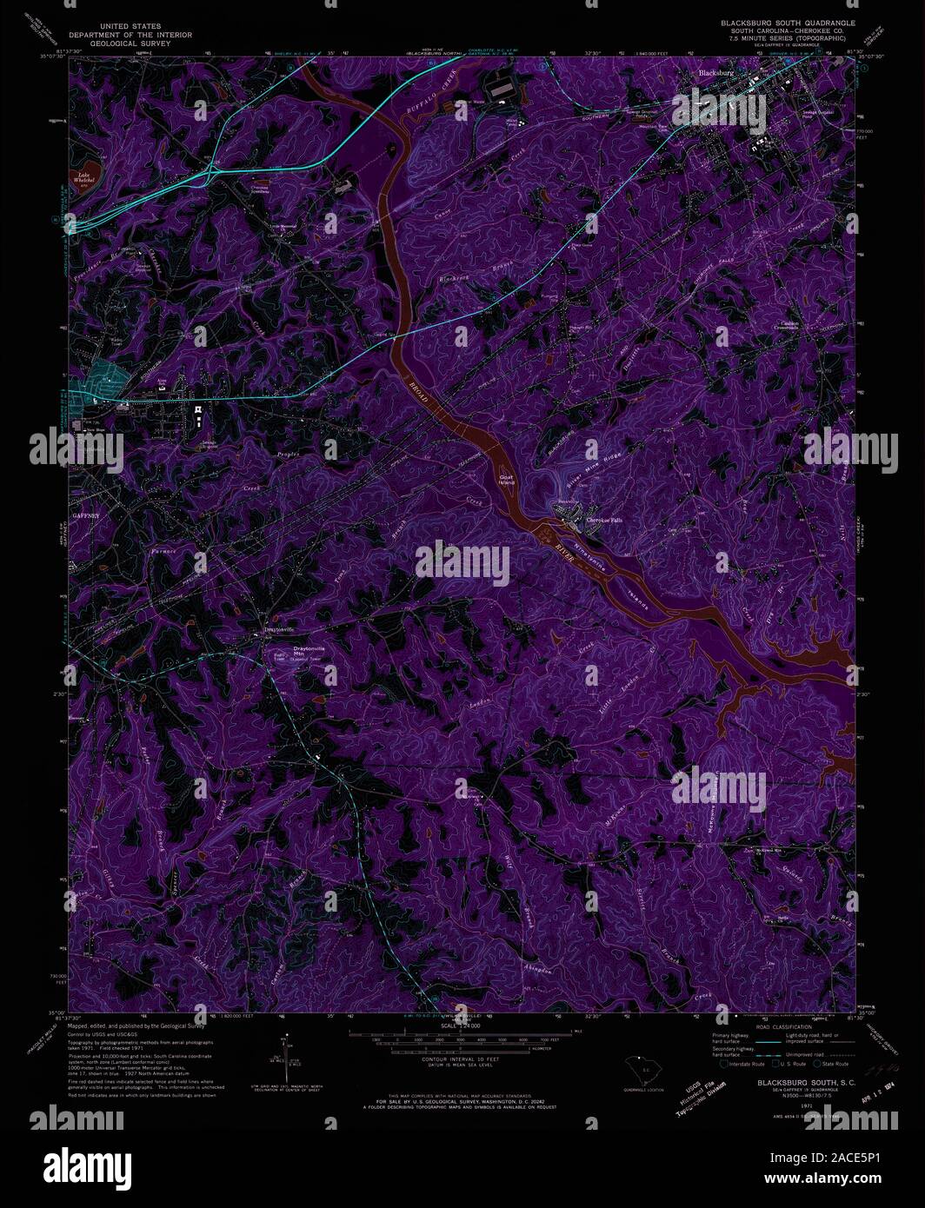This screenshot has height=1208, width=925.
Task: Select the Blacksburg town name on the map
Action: pyautogui.click(x=716, y=74)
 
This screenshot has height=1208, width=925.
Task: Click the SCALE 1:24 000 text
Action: pyautogui.click(x=460, y=1026)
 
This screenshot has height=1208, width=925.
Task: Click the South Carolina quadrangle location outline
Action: pyautogui.click(x=642, y=1068)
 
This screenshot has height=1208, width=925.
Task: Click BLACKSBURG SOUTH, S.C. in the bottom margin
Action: pyautogui.click(x=793, y=1083)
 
